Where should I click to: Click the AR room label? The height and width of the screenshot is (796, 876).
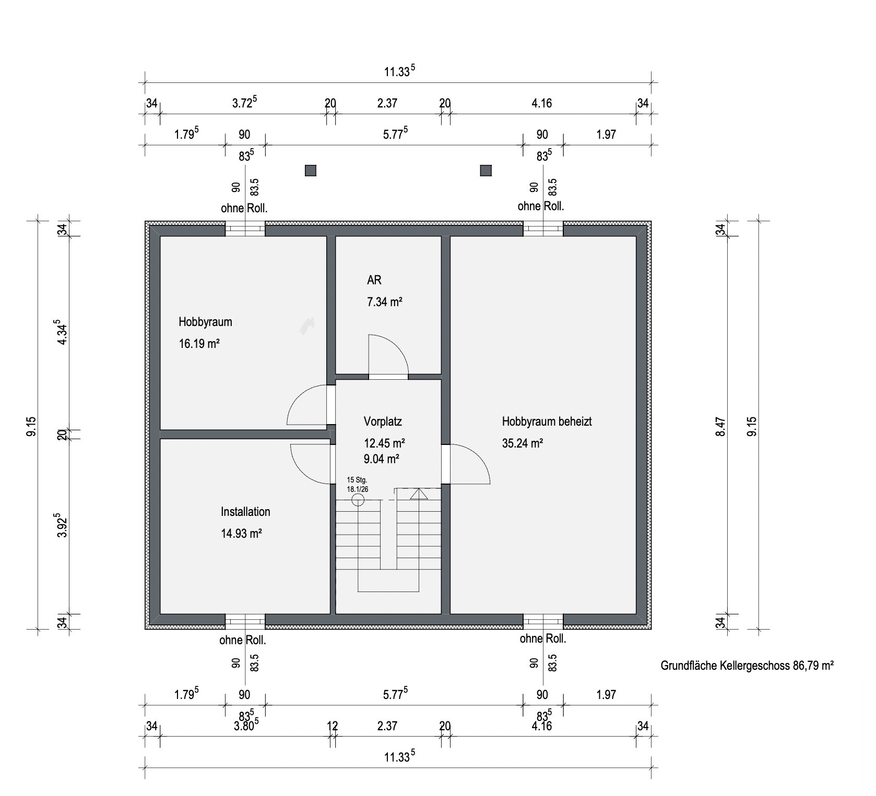[374, 280]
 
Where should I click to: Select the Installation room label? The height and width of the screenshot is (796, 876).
[245, 512]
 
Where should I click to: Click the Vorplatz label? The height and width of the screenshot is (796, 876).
[383, 421]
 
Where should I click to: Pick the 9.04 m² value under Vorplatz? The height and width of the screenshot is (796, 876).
[382, 459]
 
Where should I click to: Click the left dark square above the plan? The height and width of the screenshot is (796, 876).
[311, 171]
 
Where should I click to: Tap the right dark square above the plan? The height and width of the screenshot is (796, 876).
[486, 171]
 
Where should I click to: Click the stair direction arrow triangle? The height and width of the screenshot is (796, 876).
[419, 494]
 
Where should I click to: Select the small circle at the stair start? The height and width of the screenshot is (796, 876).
[358, 500]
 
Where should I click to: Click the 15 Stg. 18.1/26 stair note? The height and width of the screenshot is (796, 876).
[358, 484]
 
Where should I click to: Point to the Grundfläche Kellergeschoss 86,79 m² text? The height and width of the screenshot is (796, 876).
[747, 666]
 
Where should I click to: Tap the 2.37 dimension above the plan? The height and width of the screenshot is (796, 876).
[387, 103]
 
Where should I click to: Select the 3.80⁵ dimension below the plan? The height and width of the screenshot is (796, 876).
[245, 725]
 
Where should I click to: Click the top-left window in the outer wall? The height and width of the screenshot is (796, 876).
[245, 229]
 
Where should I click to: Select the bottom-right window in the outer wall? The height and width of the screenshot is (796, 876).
[543, 621]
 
